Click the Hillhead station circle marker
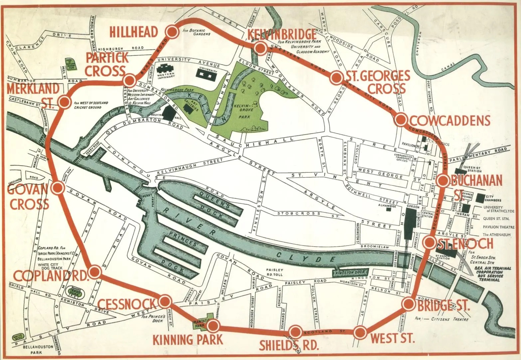click(172, 32)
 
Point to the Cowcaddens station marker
click(401, 119)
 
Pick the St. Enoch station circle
click(430, 242)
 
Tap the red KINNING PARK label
click(187, 340)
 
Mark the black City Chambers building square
click(480, 198)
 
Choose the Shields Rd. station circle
click(295, 332)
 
